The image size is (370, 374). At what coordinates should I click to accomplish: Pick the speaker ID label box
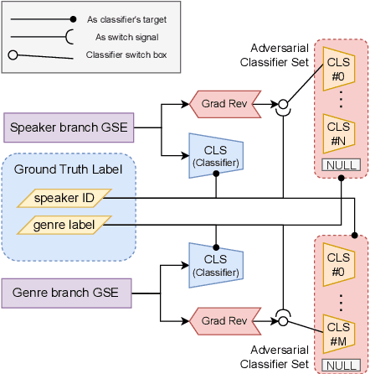(x=65, y=198)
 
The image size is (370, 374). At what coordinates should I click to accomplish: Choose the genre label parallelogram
(x=64, y=224)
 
